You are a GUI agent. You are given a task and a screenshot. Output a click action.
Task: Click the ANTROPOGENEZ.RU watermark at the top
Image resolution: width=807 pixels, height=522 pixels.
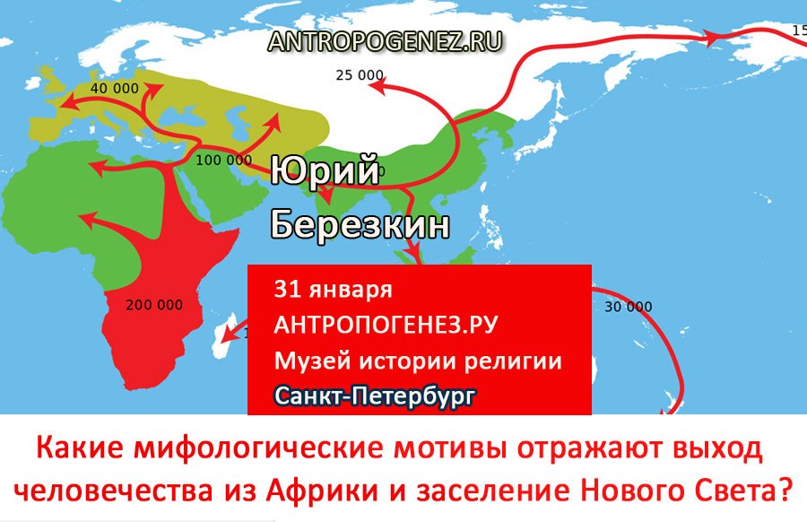tap(385, 41)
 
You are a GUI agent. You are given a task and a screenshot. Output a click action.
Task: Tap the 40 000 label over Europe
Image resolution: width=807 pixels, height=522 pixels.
tap(114, 89)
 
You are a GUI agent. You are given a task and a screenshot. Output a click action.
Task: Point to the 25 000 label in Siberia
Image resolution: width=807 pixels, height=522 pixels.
tap(360, 75)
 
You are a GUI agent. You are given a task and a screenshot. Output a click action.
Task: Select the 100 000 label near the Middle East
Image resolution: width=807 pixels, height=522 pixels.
tap(224, 161)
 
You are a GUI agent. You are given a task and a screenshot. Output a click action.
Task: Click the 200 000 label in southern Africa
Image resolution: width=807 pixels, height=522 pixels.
tap(154, 305)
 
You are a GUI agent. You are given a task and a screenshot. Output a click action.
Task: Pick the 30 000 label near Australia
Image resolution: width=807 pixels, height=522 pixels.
tap(628, 307)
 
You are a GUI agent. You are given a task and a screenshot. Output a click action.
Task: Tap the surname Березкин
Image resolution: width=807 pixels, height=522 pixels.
tap(360, 224)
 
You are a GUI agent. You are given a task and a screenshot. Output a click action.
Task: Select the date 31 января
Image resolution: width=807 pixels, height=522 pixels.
tap(333, 290)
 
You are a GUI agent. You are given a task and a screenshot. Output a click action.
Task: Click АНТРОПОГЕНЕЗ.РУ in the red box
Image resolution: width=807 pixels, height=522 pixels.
tap(386, 325)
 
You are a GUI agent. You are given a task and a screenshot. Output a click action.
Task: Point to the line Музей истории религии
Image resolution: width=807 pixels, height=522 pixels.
tap(418, 361)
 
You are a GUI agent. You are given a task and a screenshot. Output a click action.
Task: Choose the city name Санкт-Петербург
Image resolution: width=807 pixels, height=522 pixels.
tap(374, 396)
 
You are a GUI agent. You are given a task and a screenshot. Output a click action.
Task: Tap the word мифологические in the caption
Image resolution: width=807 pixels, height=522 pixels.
tap(260, 448)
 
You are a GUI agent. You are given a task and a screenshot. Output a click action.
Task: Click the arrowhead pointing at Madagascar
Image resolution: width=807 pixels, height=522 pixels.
tap(228, 335)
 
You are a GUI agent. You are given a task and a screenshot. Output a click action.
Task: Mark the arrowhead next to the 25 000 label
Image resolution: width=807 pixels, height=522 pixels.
tap(377, 85)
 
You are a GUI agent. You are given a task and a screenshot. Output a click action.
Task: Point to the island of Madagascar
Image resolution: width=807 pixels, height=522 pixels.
tap(222, 335)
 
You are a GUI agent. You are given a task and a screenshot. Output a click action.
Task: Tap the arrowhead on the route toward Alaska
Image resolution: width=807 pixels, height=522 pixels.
tap(711, 37)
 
